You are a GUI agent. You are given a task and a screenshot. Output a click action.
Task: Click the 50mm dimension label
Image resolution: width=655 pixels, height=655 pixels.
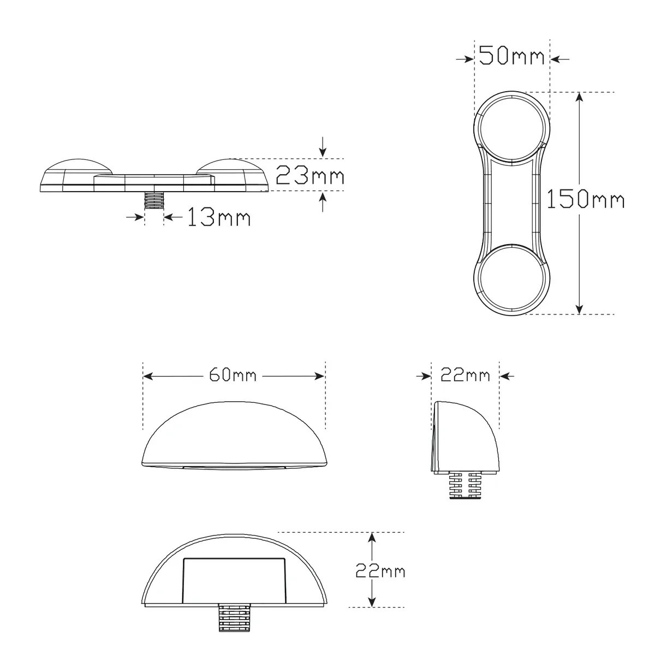(511, 56)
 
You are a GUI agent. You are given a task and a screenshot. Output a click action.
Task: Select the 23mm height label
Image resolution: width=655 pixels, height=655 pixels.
(309, 175)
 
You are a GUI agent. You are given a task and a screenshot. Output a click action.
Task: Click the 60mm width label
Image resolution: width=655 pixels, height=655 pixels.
(233, 375)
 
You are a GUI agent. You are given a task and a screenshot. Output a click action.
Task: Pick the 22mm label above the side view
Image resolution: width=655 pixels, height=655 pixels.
(465, 375)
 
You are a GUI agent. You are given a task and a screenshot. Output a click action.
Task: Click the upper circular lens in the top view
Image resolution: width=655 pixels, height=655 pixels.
(511, 128)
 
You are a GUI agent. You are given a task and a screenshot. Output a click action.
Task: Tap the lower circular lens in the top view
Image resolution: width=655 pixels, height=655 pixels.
(511, 278)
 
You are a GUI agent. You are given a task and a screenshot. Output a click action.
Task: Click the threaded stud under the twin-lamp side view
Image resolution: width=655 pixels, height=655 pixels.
(154, 200)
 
